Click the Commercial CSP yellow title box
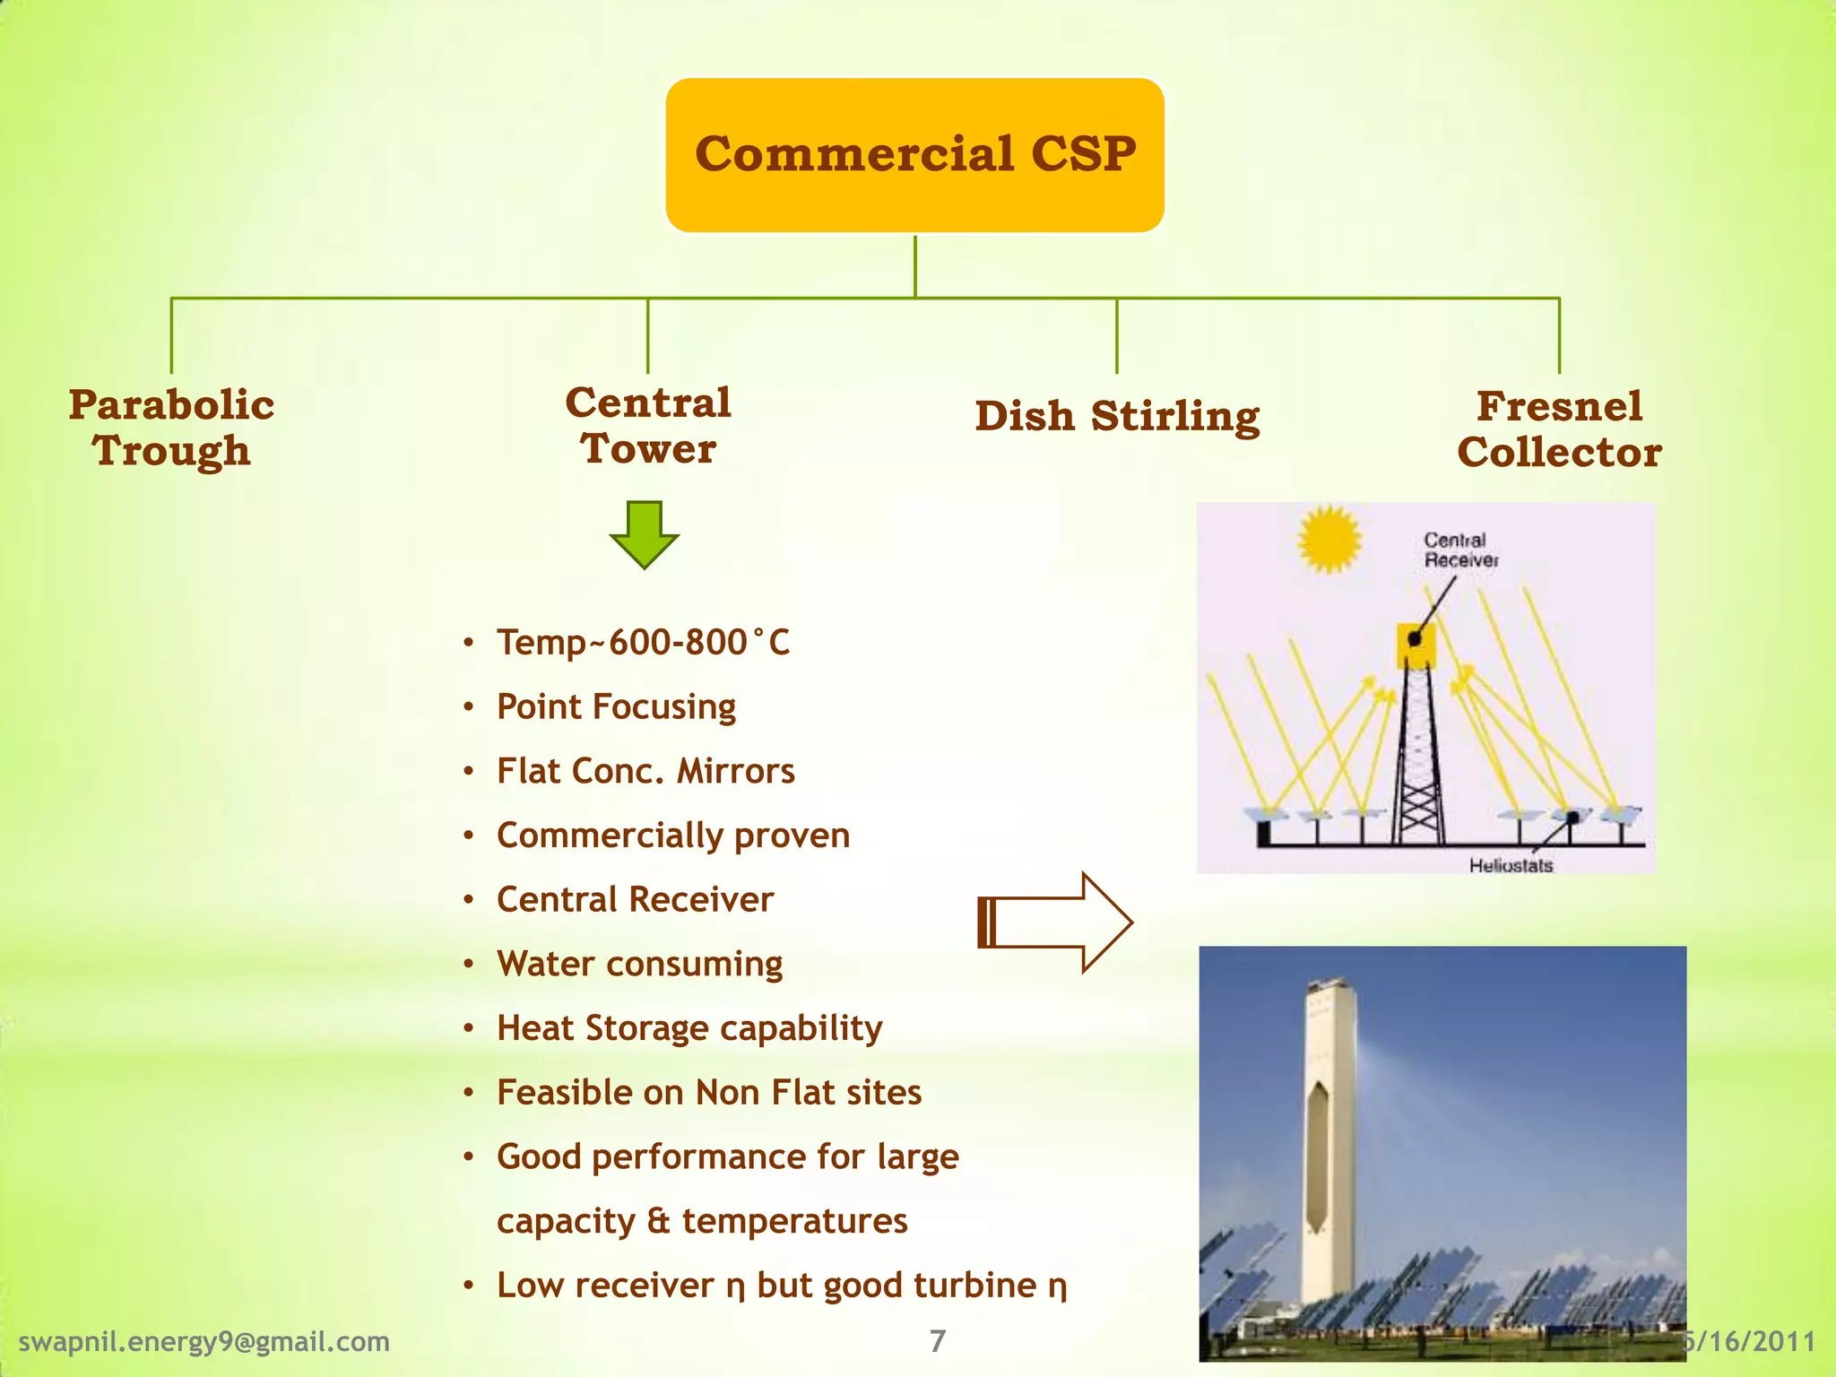tap(914, 154)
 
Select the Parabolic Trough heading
tap(171, 428)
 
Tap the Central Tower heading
tap(648, 425)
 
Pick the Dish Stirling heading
tap(1117, 416)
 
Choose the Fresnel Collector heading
tap(1559, 429)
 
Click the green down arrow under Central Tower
tap(644, 534)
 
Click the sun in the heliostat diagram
tap(1329, 539)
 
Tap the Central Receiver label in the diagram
tap(1460, 550)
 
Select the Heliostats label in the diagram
tap(1511, 865)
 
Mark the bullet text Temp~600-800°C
tap(643, 643)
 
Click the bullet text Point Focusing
tap(616, 707)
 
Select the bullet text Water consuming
tap(639, 964)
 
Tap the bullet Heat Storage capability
tap(689, 1028)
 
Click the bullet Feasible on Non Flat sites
tap(709, 1093)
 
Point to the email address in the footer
tap(204, 1341)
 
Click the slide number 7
tap(938, 1341)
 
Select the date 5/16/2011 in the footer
tap(1751, 1341)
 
